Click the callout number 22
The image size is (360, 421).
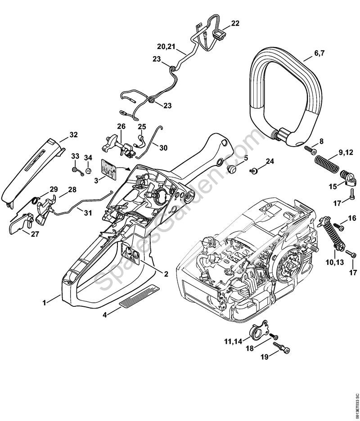[235, 23]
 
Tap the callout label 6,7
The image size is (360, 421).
[319, 53]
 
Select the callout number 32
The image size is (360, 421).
[73, 134]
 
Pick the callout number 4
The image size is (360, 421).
[105, 315]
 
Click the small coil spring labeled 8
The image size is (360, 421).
[308, 148]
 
